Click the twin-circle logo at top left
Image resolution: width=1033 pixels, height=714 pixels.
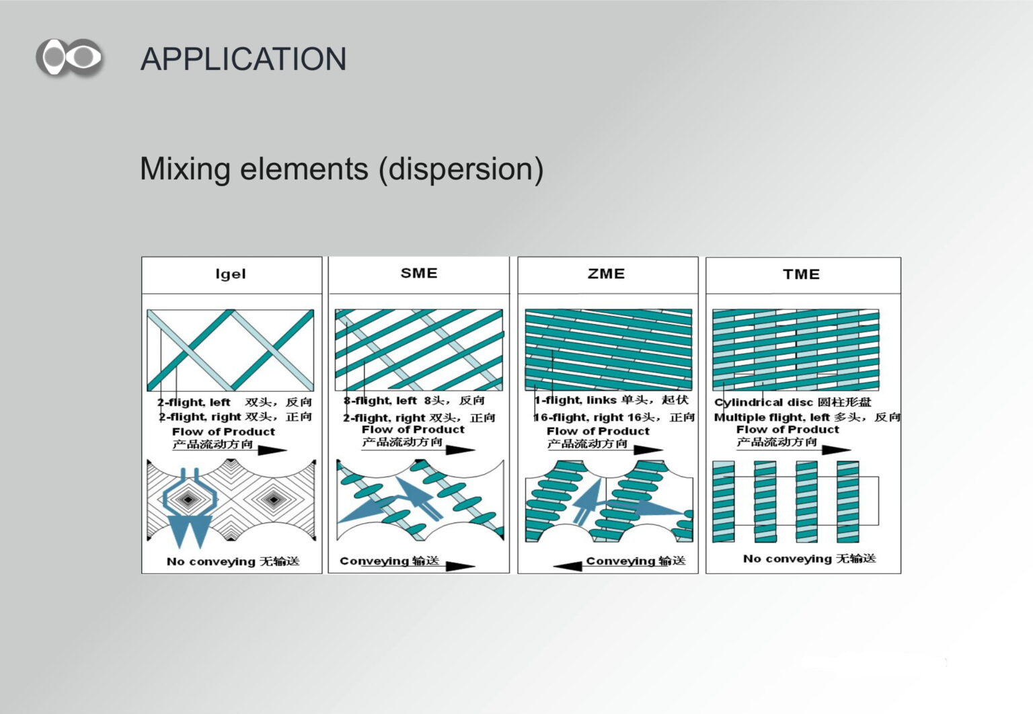coord(69,58)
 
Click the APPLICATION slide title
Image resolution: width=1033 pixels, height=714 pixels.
coord(243,59)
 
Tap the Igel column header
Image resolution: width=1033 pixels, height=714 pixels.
coord(231,274)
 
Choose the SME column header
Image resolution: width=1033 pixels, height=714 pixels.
coord(419,273)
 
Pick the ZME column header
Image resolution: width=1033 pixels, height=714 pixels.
coord(606,274)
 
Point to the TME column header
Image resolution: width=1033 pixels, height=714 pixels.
coord(801,274)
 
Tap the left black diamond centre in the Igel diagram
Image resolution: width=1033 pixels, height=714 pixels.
coord(188,499)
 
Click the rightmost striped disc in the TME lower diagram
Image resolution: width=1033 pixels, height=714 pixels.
coord(847,502)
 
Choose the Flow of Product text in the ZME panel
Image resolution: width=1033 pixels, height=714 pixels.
coord(598,432)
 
